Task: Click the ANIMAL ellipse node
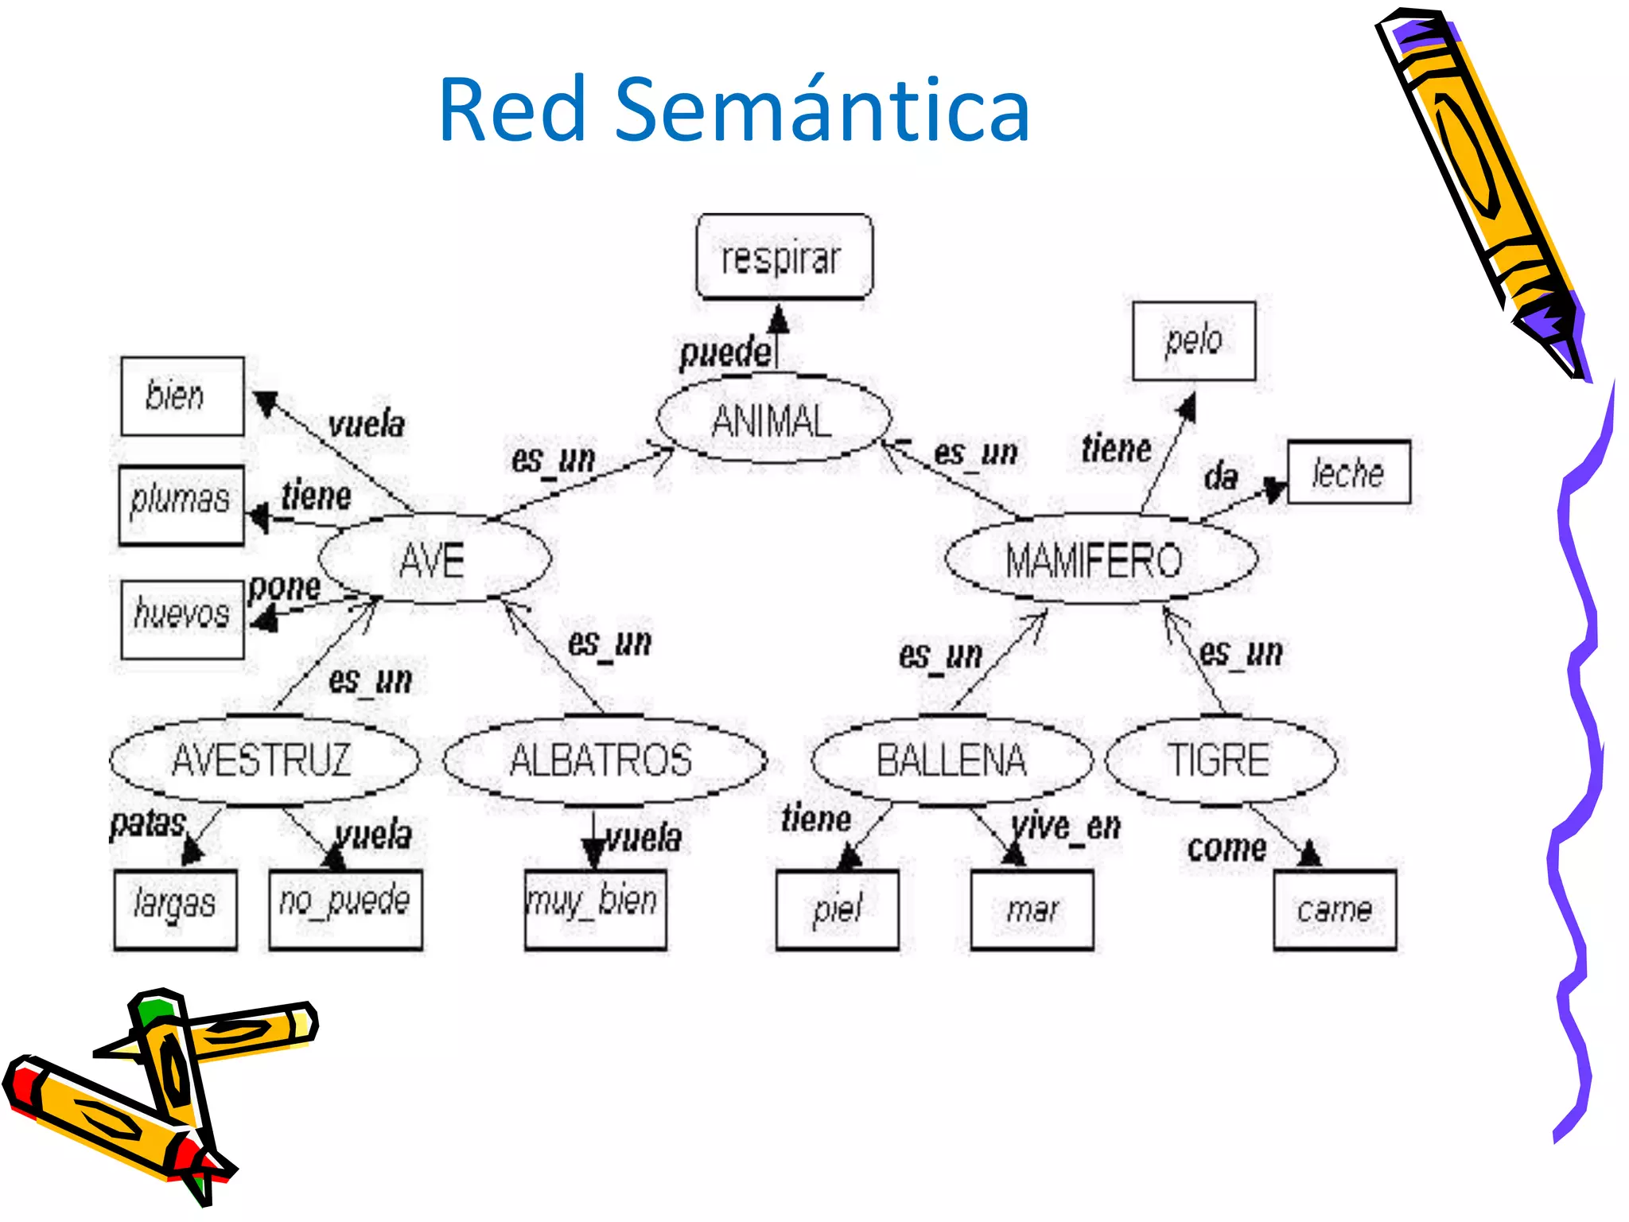(773, 419)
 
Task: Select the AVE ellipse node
(433, 559)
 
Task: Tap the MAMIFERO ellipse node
(1099, 559)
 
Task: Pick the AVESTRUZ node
(263, 759)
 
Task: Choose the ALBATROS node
(603, 759)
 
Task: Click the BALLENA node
(951, 759)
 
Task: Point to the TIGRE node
(1220, 759)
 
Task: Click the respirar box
(783, 257)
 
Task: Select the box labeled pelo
(1193, 341)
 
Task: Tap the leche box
(1348, 473)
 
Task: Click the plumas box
(181, 504)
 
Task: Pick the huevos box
(182, 618)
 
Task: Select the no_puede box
(345, 909)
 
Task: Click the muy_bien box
(595, 909)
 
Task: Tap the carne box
(1334, 909)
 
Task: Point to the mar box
(1032, 909)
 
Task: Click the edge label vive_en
(1066, 826)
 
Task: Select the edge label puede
(725, 353)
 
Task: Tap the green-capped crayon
(171, 1066)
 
